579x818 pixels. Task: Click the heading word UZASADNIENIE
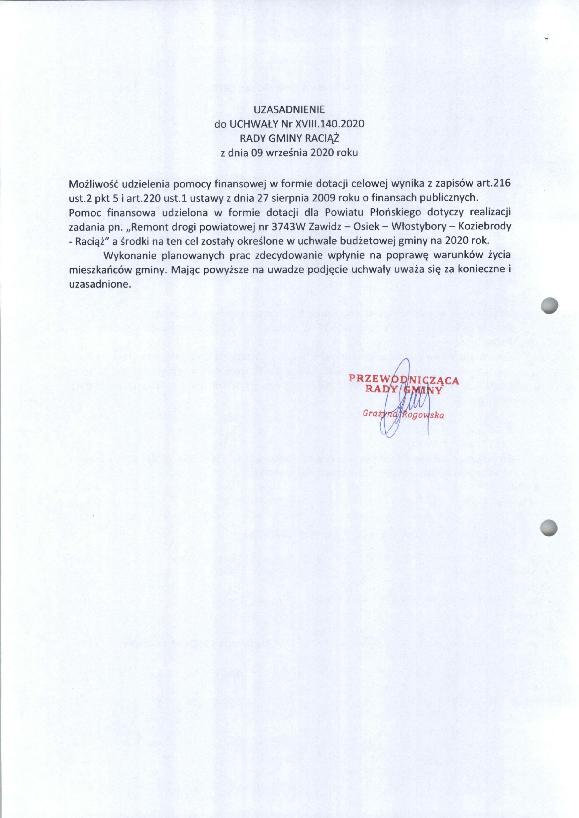coord(289,110)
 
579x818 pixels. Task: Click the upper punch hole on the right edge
coord(549,305)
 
